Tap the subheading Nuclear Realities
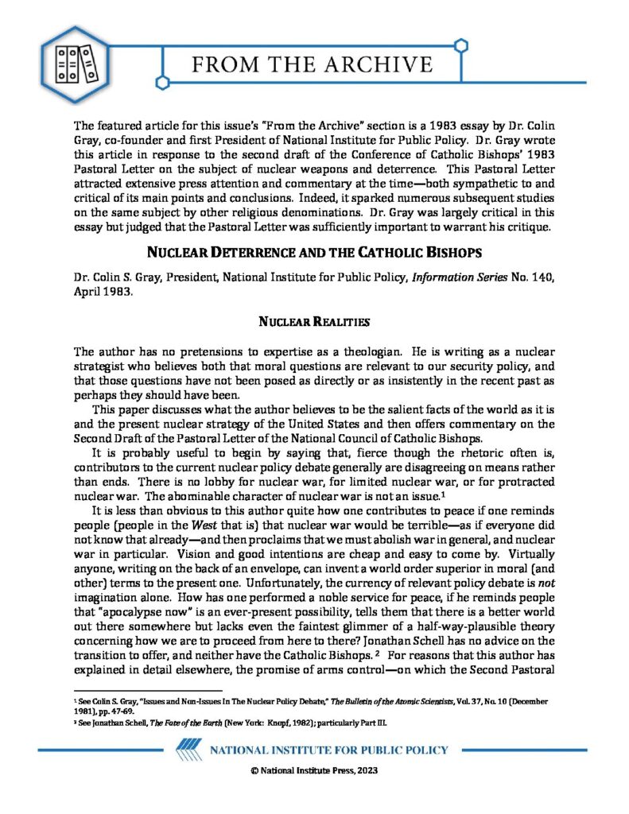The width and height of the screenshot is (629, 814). tap(314, 322)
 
